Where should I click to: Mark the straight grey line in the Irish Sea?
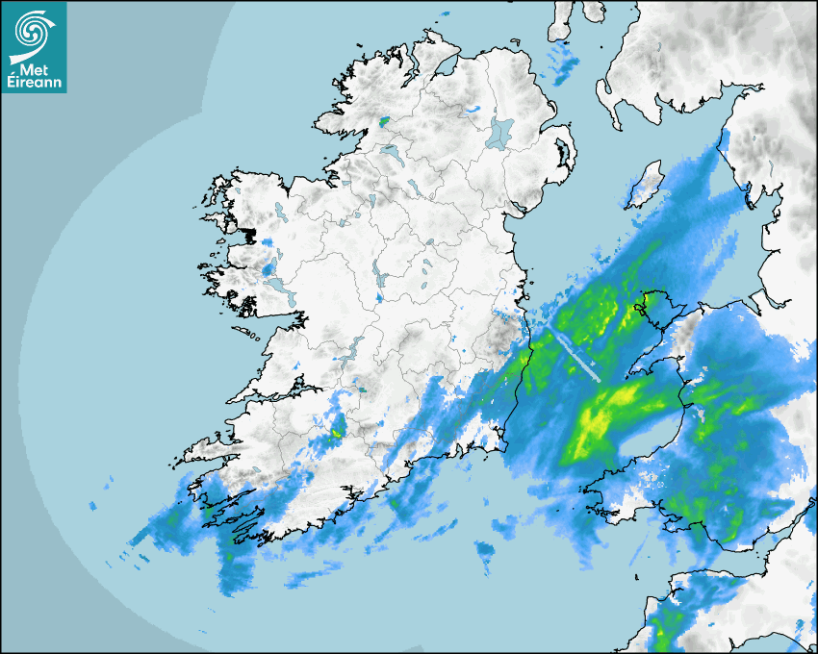(575, 357)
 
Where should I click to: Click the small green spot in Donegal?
(385, 122)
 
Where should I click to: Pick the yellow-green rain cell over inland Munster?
(337, 432)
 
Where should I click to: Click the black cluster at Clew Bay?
(248, 234)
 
